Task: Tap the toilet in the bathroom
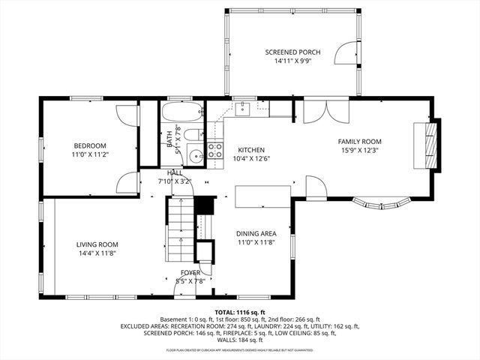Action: (193, 136)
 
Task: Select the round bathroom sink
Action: (195, 157)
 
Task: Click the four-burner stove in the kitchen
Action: (215, 150)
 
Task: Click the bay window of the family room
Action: (382, 202)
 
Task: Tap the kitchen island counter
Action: (262, 196)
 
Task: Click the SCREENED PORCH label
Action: (292, 52)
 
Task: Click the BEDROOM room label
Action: (89, 145)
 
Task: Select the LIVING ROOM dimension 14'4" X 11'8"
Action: (97, 253)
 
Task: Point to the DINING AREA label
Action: (256, 233)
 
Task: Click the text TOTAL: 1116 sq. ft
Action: (240, 311)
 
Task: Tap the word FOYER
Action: (190, 272)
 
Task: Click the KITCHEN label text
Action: (251, 150)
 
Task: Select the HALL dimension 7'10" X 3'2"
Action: (175, 181)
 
